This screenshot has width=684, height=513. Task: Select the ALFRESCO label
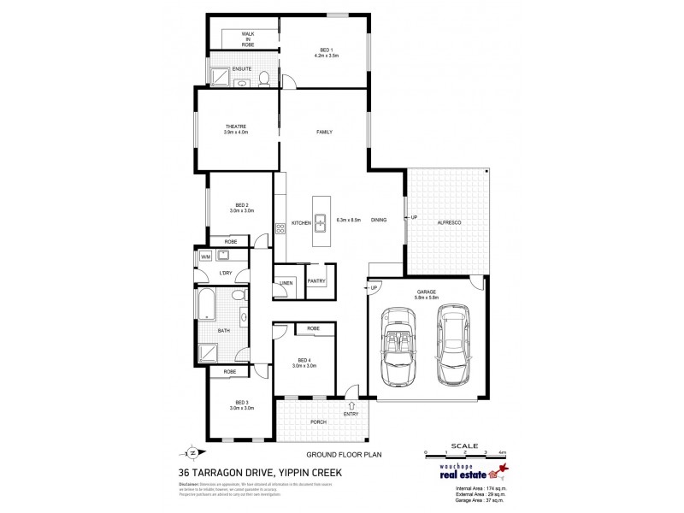449,221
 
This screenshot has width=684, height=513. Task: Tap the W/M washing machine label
205,256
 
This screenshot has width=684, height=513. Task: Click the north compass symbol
192,452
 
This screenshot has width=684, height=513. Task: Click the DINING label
379,221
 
